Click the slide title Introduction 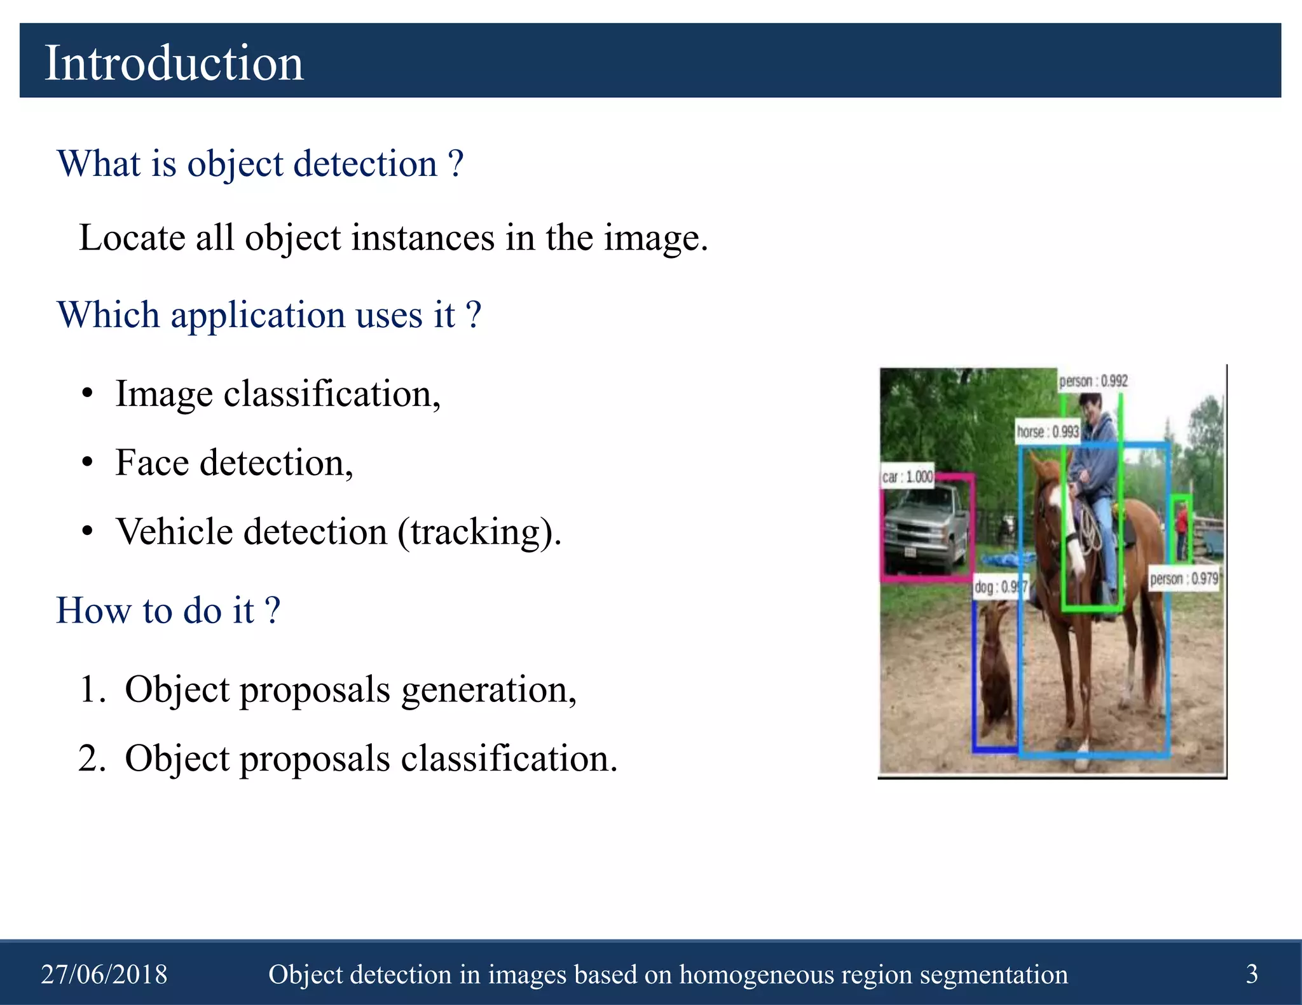click(174, 63)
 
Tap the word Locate click(132, 238)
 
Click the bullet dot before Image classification click(88, 394)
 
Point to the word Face click(151, 462)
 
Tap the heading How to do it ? click(168, 610)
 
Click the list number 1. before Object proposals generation click(92, 689)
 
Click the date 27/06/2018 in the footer click(104, 974)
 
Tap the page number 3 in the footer click(1251, 973)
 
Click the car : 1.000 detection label click(907, 476)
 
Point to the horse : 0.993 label click(1047, 431)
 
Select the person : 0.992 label click(1093, 381)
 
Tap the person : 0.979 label click(1184, 579)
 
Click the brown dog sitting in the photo click(996, 673)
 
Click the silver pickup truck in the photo click(925, 527)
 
